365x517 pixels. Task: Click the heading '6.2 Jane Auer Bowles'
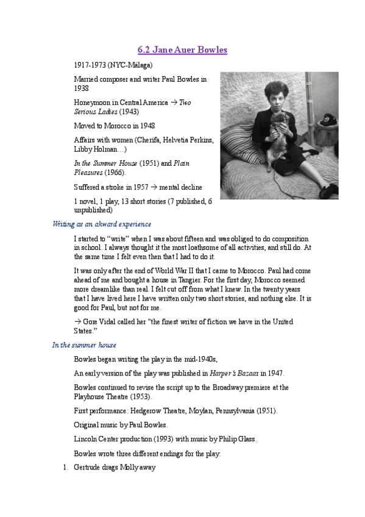pyautogui.click(x=182, y=50)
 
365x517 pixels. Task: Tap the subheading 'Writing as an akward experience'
pyautogui.click(x=102, y=224)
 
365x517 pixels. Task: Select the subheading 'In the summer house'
pyautogui.click(x=84, y=345)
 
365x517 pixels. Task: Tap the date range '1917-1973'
pyautogui.click(x=89, y=65)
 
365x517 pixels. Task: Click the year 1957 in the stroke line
pyautogui.click(x=149, y=187)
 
